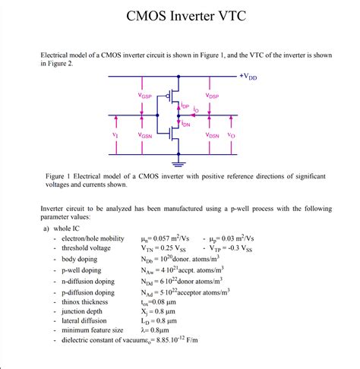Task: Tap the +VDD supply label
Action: tap(248, 77)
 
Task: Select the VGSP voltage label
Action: tap(145, 96)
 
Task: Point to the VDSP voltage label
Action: tap(212, 96)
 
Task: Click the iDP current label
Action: tap(186, 107)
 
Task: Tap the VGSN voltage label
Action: tap(145, 135)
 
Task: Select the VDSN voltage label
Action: tap(212, 135)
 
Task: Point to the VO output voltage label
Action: tap(232, 135)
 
